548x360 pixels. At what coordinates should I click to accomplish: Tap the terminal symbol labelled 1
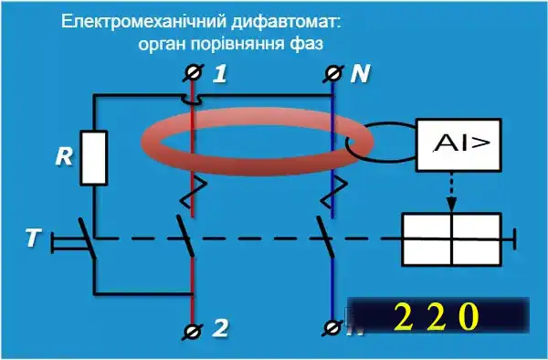[x=193, y=72]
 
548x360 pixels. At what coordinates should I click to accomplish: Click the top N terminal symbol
[x=332, y=72]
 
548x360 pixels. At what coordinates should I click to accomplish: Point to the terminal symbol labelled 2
[x=193, y=329]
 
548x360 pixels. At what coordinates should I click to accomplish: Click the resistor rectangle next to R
[x=95, y=157]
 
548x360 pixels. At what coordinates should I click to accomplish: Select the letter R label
[x=64, y=156]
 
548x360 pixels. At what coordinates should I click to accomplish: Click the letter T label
[x=33, y=239]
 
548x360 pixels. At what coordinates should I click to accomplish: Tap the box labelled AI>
[x=458, y=144]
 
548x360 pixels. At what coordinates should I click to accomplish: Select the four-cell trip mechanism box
[x=451, y=238]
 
